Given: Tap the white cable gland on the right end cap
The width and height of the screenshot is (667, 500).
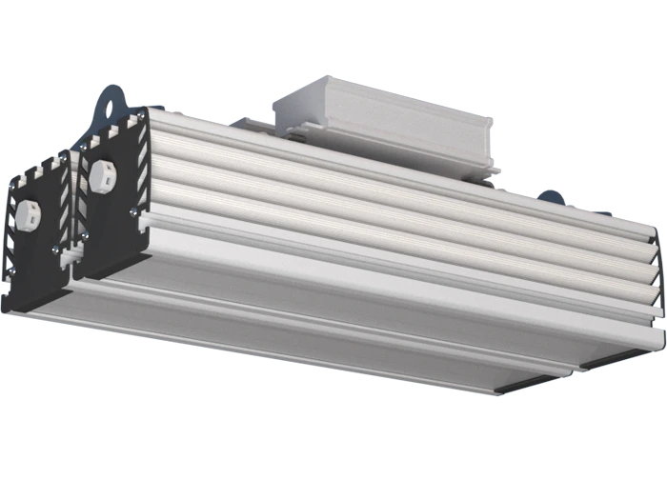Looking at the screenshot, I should (x=104, y=175).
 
